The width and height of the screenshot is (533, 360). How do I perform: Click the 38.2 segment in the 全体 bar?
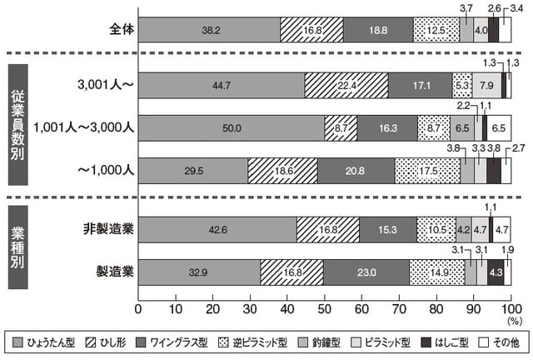210,29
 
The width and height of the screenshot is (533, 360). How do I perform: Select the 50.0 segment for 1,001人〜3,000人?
232,127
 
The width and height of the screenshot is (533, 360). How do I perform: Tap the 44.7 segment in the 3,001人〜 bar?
222,85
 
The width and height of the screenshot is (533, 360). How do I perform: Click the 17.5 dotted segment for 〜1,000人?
427,170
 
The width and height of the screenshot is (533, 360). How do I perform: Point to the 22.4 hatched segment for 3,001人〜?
346,85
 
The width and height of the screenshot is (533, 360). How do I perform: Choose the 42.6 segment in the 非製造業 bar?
217,229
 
